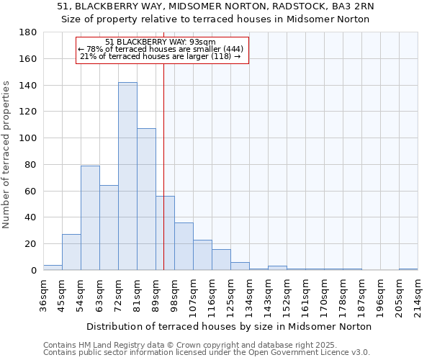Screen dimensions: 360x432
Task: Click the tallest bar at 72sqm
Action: pyautogui.click(x=127, y=176)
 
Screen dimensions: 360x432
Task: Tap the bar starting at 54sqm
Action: pyautogui.click(x=90, y=218)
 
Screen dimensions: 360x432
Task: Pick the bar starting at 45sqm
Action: pyautogui.click(x=71, y=252)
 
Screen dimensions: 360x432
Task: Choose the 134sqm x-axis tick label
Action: pyautogui.click(x=249, y=297)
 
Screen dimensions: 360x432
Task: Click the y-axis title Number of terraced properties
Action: pyautogui.click(x=7, y=155)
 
